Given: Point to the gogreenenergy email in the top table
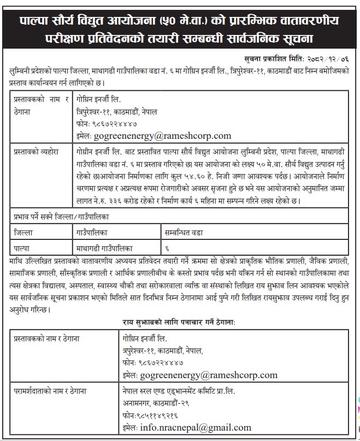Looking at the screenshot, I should [162, 136].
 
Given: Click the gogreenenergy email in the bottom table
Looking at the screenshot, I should [208, 375].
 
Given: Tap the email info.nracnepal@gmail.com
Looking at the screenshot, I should [195, 427].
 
